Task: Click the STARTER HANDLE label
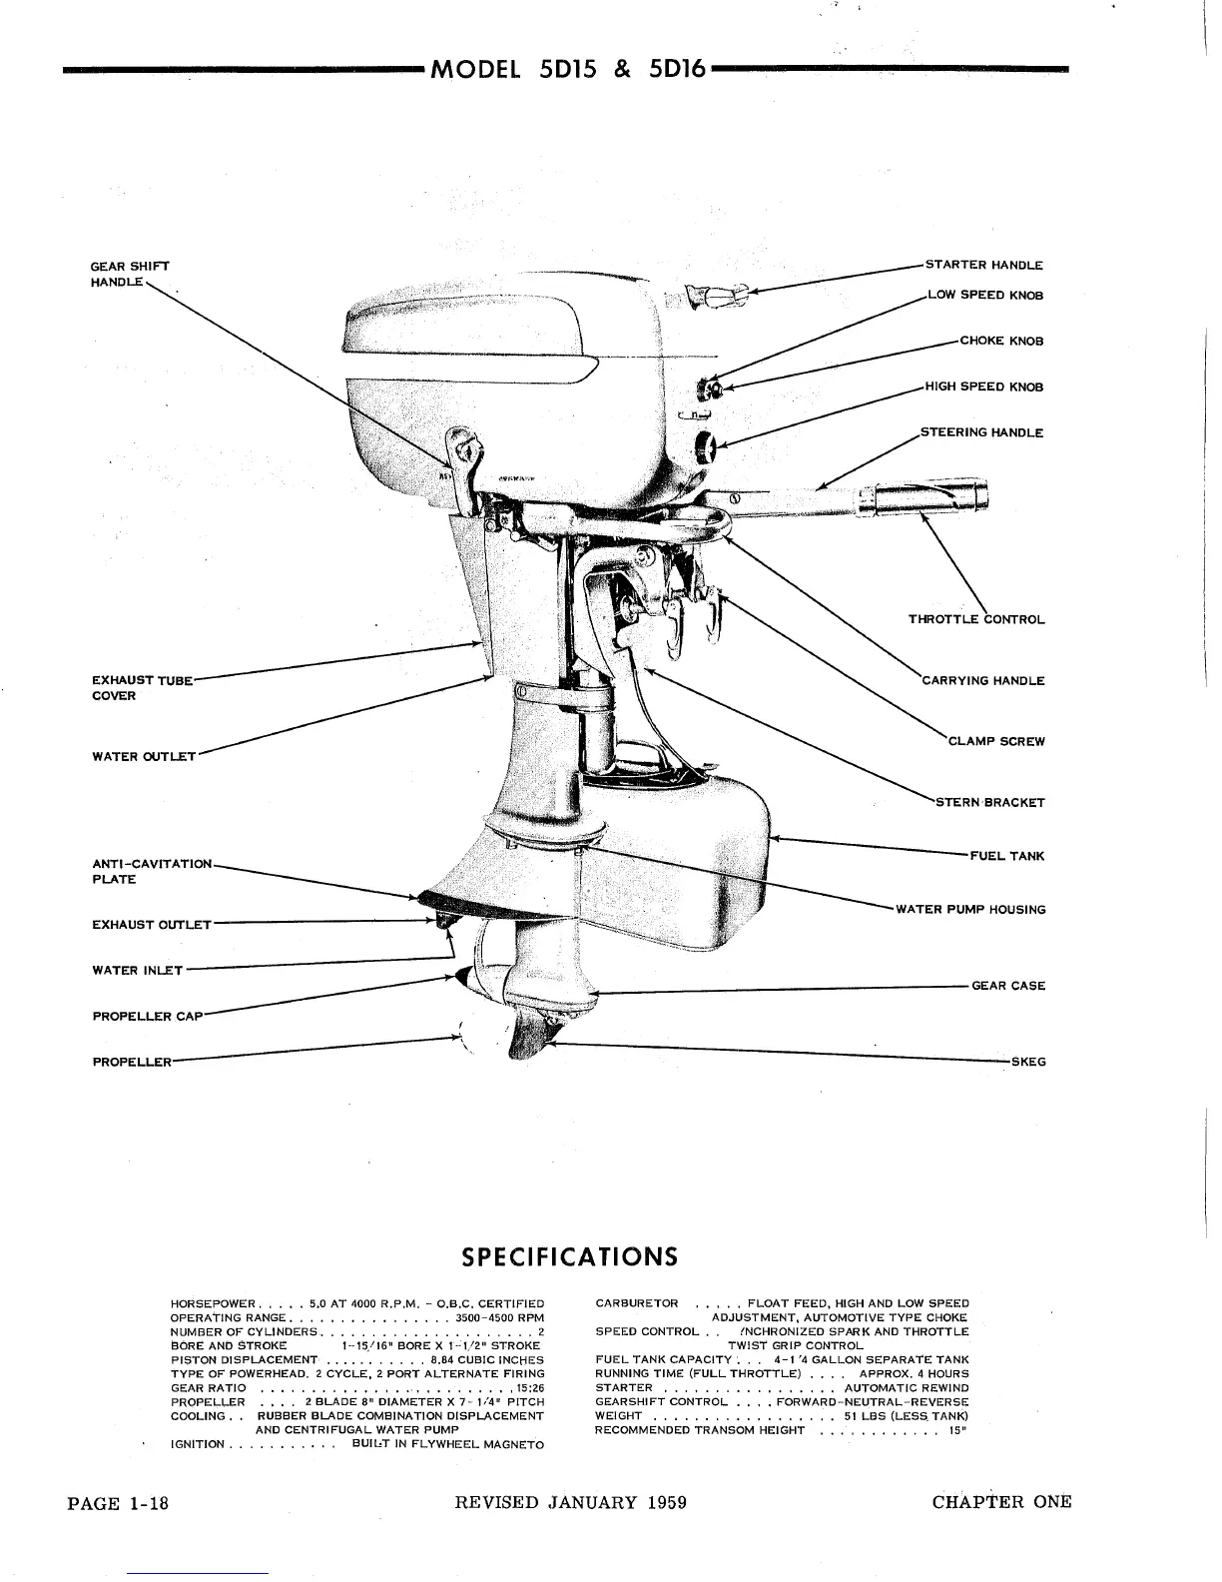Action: coord(983,266)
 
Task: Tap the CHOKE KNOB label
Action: coord(1000,342)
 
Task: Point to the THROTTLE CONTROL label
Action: coord(975,619)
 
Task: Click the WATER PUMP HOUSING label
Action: coord(970,910)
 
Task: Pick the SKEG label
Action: coord(1028,1062)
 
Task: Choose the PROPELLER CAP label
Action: coord(147,1017)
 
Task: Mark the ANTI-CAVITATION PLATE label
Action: coord(152,871)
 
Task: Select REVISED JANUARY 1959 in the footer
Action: coord(570,1503)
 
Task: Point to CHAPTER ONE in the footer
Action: coord(1001,1502)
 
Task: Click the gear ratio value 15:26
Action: coord(529,1388)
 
